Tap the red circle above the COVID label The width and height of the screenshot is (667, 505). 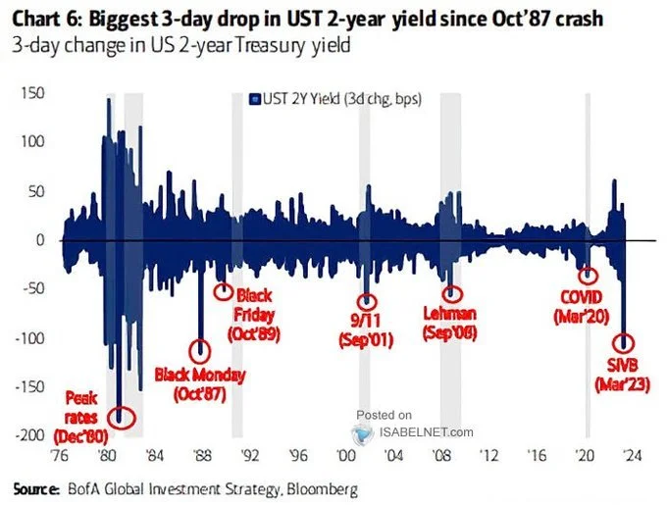click(588, 277)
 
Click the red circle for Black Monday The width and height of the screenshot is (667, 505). click(200, 350)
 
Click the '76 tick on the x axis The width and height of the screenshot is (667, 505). click(59, 455)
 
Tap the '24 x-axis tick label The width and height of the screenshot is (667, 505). click(633, 455)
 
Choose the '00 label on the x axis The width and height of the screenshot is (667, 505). click(345, 455)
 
